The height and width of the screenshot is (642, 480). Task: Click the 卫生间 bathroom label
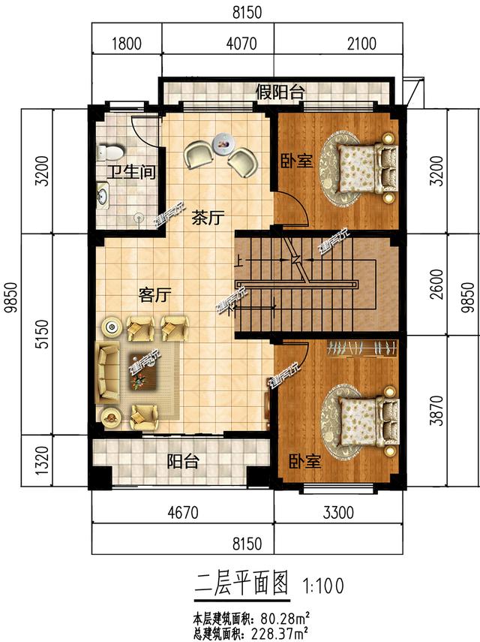point(130,173)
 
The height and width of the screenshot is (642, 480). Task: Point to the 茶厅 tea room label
point(208,219)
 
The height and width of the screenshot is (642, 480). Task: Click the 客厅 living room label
point(152,295)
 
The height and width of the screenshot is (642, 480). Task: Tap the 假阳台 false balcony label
point(280,93)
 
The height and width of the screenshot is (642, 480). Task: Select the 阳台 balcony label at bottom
point(182,461)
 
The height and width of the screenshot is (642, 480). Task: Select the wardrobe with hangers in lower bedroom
point(362,348)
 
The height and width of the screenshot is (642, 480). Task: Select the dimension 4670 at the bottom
point(182,515)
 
